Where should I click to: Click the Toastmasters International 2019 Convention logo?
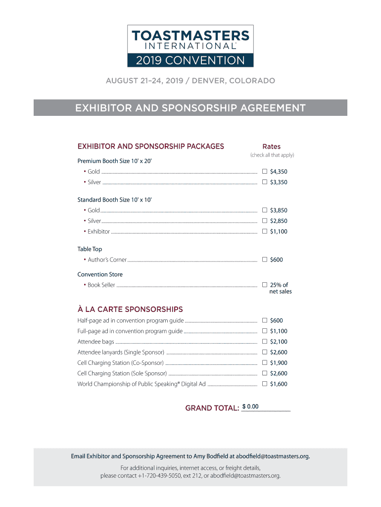pyautogui.click(x=190, y=46)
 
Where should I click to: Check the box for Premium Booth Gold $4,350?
pyautogui.click(x=265, y=171)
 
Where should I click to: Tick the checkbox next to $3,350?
pyautogui.click(x=265, y=182)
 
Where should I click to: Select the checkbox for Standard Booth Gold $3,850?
pyautogui.click(x=265, y=210)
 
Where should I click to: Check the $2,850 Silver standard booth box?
pyautogui.click(x=265, y=221)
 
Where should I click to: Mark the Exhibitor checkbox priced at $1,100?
pyautogui.click(x=265, y=231)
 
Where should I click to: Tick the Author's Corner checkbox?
pyautogui.click(x=265, y=259)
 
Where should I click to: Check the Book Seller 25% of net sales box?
pyautogui.click(x=265, y=285)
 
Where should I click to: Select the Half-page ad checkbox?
pyautogui.click(x=265, y=320)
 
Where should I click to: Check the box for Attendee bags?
pyautogui.click(x=265, y=342)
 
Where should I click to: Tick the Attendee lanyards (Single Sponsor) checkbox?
pyautogui.click(x=265, y=352)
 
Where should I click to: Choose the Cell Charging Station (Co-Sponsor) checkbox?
pyautogui.click(x=265, y=363)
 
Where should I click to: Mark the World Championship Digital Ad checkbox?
pyautogui.click(x=265, y=384)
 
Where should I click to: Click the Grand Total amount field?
pyautogui.click(x=266, y=407)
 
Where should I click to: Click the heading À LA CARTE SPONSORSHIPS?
pyautogui.click(x=130, y=309)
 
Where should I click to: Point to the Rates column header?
pyautogui.click(x=271, y=147)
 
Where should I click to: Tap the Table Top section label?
pyautogui.click(x=90, y=249)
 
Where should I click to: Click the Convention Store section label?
pyautogui.click(x=100, y=274)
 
